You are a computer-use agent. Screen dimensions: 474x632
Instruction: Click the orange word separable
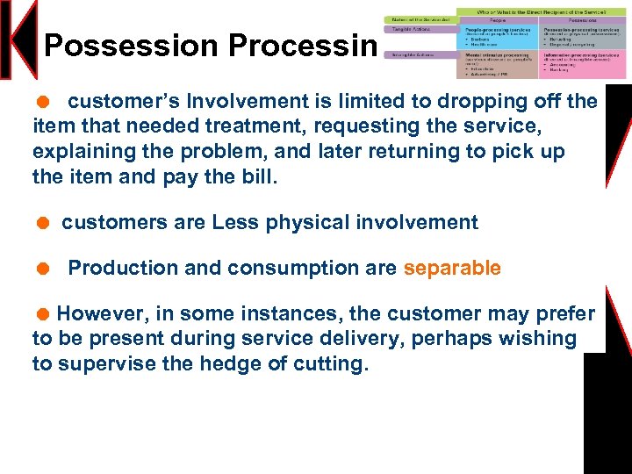(452, 269)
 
